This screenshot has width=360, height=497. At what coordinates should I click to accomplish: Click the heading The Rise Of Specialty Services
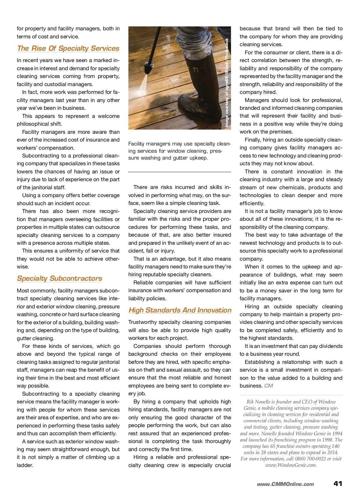pyautogui.click(x=68, y=48)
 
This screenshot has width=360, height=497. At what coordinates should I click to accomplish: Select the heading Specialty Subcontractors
pyautogui.click(x=59, y=278)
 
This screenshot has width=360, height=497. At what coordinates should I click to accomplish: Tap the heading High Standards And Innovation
pyautogui.click(x=180, y=310)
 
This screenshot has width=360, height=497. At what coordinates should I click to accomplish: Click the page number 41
pyautogui.click(x=337, y=484)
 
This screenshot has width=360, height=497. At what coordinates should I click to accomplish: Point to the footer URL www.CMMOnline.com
pyautogui.click(x=285, y=484)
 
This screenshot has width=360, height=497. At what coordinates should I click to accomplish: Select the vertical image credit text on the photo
pyautogui.click(x=227, y=82)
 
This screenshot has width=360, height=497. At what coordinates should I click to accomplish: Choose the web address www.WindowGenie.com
pyautogui.click(x=291, y=465)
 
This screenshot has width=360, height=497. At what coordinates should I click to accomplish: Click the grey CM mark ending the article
pyautogui.click(x=268, y=386)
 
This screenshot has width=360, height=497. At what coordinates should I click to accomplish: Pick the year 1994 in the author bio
pyautogui.click(x=336, y=433)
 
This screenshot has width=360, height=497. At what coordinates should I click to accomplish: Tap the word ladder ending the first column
pyautogui.click(x=25, y=465)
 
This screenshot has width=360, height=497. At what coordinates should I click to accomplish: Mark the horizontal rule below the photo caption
pyautogui.click(x=179, y=172)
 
